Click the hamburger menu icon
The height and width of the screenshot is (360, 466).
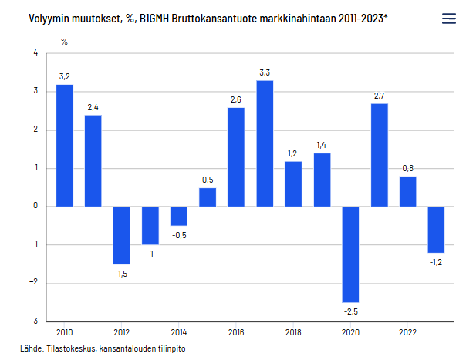point(448,19)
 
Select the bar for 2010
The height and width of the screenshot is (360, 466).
point(65,145)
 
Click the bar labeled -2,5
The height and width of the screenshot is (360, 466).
point(350,254)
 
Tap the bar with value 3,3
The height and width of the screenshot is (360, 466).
point(265,143)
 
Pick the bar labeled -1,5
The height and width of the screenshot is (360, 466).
point(122,235)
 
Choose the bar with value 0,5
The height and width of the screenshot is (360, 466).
point(208,197)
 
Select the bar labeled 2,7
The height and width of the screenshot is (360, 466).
point(379,155)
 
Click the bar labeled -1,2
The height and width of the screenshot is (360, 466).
point(436,230)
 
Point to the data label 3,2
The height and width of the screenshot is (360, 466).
point(65,76)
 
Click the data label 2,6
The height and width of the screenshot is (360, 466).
point(236,99)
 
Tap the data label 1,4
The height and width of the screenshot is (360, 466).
point(322,145)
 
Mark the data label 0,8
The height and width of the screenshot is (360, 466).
point(407,168)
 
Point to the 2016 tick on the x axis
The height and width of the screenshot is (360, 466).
point(236,332)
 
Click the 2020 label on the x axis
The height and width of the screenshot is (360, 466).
point(350,332)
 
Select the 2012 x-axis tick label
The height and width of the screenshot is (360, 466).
point(122,332)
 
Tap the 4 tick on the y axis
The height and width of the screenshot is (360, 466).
point(35,53)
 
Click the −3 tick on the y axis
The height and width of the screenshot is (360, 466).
point(34,321)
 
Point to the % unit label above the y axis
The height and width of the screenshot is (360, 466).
point(64,39)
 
